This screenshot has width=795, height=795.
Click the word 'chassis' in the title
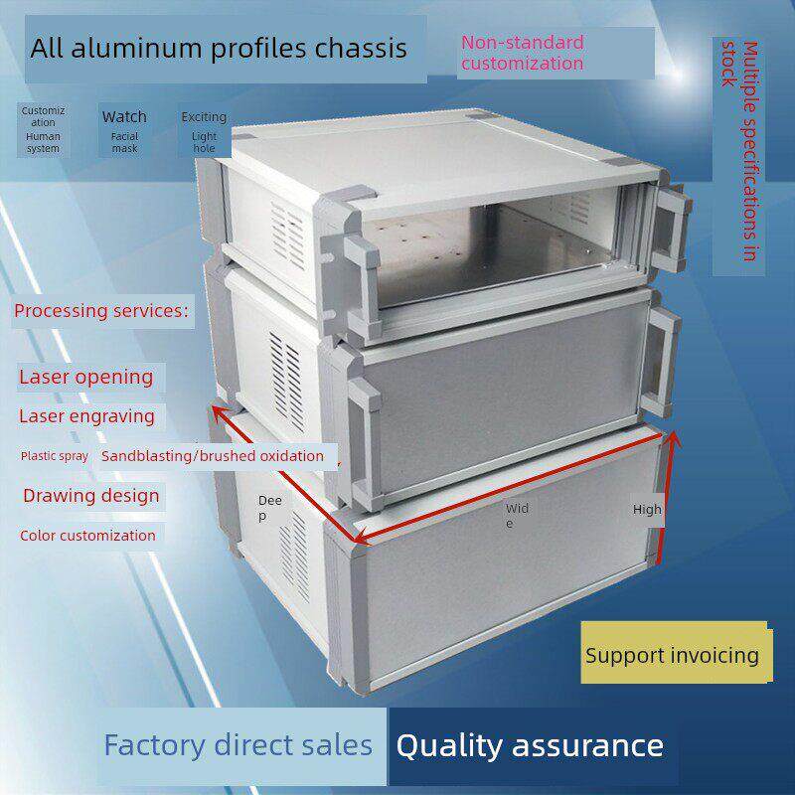pyautogui.click(x=361, y=49)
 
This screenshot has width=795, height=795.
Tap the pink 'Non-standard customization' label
pyautogui.click(x=523, y=53)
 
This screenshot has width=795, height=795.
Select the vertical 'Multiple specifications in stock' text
pyautogui.click(x=741, y=151)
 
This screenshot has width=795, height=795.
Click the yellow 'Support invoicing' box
pyautogui.click(x=677, y=653)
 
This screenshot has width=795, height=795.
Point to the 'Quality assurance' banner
pyautogui.click(x=530, y=746)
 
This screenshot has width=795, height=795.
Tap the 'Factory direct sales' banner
pyautogui.click(x=238, y=745)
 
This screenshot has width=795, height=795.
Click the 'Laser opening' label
pyautogui.click(x=86, y=378)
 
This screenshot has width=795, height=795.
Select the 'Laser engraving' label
pyautogui.click(x=86, y=416)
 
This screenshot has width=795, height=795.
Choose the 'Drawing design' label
pyautogui.click(x=91, y=495)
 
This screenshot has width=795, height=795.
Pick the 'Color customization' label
pyautogui.click(x=87, y=536)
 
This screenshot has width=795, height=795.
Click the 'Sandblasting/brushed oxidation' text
pyautogui.click(x=213, y=456)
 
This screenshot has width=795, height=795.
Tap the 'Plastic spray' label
pyautogui.click(x=55, y=456)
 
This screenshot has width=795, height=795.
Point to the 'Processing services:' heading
pyautogui.click(x=101, y=311)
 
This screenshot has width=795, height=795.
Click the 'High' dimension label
pyautogui.click(x=647, y=509)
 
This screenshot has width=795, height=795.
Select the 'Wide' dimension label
pyautogui.click(x=517, y=515)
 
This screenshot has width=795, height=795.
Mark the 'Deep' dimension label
pyautogui.click(x=269, y=508)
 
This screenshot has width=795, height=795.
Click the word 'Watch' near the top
pyautogui.click(x=124, y=117)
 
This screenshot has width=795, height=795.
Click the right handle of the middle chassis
pyautogui.click(x=661, y=361)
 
